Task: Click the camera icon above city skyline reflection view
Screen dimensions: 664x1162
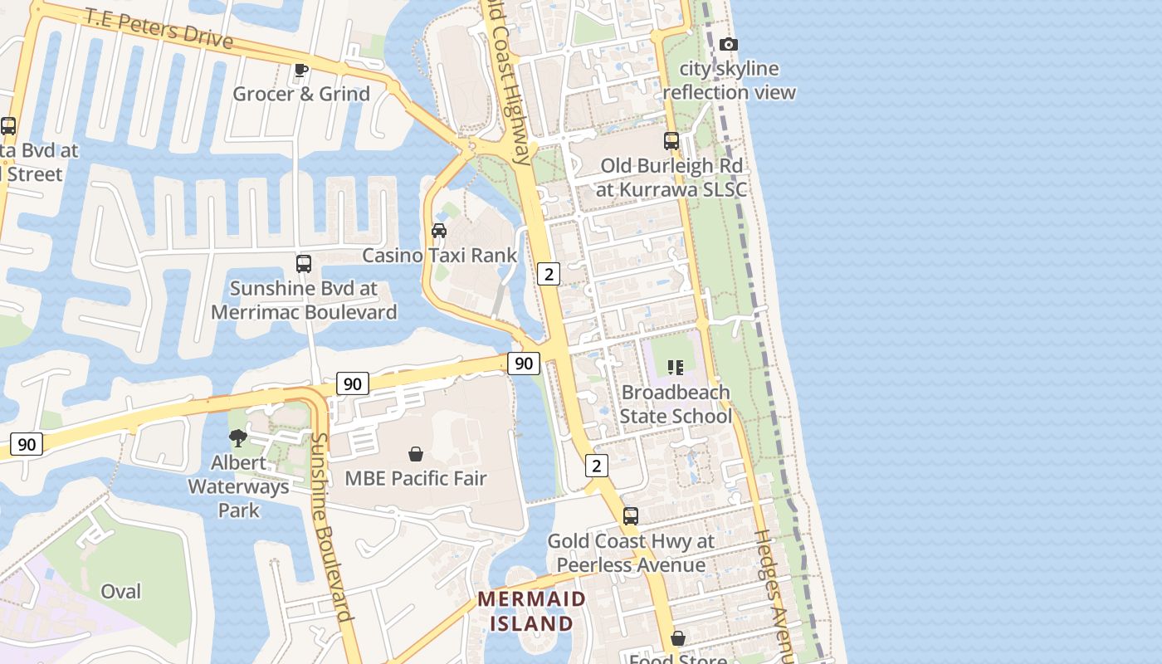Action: (728, 45)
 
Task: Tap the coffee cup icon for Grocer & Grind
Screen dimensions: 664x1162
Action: (300, 71)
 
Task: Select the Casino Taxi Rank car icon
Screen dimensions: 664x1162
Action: (439, 231)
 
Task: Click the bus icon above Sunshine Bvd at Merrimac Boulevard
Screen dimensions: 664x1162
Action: (304, 264)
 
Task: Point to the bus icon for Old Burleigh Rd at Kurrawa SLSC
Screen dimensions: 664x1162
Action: (671, 141)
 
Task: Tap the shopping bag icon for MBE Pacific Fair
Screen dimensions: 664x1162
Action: (416, 454)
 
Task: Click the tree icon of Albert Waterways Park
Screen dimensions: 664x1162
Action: (238, 437)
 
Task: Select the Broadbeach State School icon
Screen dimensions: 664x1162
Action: (675, 367)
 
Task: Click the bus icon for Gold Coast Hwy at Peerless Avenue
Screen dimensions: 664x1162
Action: (631, 516)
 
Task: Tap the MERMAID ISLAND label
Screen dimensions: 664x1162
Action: (531, 611)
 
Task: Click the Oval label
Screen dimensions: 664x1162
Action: (121, 592)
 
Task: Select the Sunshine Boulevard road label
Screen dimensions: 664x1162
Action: (331, 528)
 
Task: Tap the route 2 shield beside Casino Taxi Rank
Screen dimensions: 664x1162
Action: (548, 273)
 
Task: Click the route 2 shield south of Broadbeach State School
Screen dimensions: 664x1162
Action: (596, 466)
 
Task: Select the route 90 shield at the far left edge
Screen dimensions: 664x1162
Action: (27, 444)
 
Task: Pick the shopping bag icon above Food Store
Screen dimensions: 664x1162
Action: (678, 638)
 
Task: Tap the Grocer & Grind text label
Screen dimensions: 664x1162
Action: (301, 94)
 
